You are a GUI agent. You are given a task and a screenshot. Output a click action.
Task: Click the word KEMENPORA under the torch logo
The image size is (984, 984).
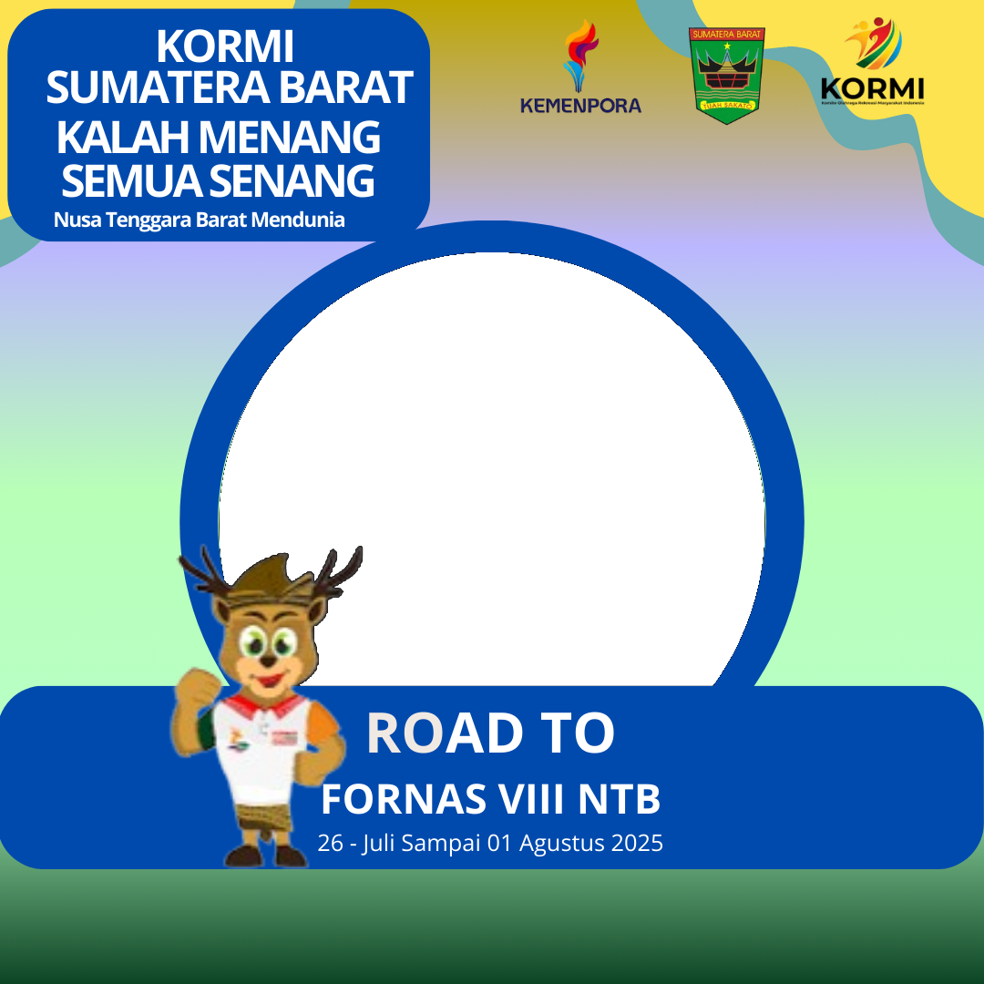click(x=580, y=106)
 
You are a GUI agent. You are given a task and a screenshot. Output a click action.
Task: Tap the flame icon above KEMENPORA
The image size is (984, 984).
click(x=580, y=55)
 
